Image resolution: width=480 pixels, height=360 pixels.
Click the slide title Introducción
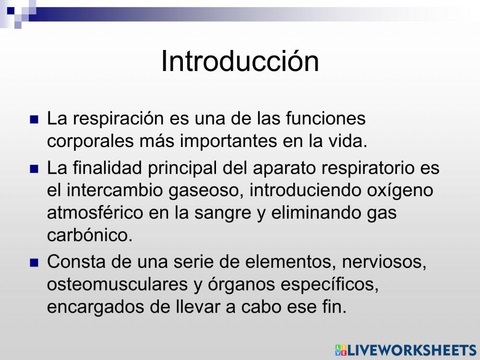pyautogui.click(x=240, y=61)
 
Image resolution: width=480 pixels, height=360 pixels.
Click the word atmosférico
pyautogui.click(x=95, y=213)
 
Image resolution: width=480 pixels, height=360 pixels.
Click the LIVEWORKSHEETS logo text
pyautogui.click(x=410, y=350)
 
